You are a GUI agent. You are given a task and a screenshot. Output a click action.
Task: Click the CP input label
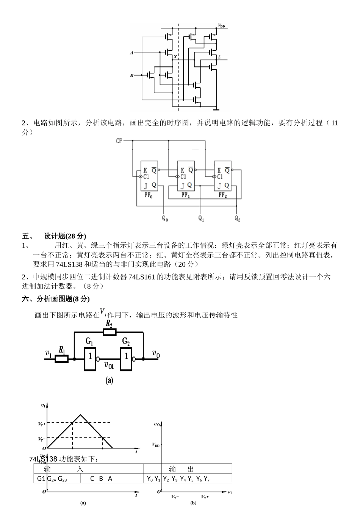coord(119,141)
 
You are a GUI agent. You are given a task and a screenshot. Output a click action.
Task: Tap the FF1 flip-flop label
coord(185,195)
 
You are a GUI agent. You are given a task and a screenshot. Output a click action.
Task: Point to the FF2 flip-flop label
coord(222,195)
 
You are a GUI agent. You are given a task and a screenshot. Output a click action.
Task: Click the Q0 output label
coord(165,219)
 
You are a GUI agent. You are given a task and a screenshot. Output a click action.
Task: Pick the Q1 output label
coord(201,219)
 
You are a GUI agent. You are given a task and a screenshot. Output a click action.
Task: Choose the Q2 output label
coord(238,219)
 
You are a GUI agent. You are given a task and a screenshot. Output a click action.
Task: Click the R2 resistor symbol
coord(110,332)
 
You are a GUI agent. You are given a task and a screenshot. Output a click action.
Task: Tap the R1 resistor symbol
coord(62,358)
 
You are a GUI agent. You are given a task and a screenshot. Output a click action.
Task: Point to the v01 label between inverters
coord(109,365)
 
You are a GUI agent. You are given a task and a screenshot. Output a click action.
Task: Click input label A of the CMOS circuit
coord(131,53)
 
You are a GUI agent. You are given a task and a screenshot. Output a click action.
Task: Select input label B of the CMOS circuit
coord(131,76)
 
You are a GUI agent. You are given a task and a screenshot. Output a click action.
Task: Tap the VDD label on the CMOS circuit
coord(221,26)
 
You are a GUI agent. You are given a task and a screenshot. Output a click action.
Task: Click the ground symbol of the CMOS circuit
coord(216,110)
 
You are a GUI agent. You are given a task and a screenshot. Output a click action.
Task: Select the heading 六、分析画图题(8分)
coord(56,299)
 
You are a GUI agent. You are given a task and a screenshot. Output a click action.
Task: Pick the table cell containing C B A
coord(101,478)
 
